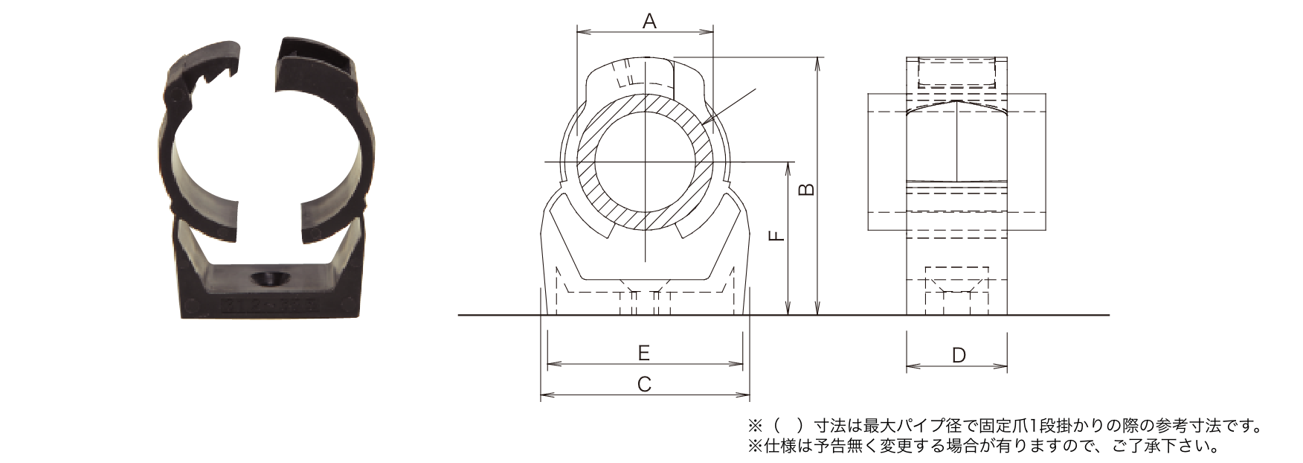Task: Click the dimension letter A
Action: pyautogui.click(x=649, y=22)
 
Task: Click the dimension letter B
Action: pyautogui.click(x=806, y=189)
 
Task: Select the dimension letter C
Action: pyautogui.click(x=645, y=384)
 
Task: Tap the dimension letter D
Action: pyautogui.click(x=959, y=356)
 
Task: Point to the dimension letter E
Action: pyautogui.click(x=644, y=353)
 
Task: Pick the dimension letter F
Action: pyautogui.click(x=776, y=235)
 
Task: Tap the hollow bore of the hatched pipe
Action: pyautogui.click(x=646, y=163)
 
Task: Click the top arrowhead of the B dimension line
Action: pyautogui.click(x=818, y=63)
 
